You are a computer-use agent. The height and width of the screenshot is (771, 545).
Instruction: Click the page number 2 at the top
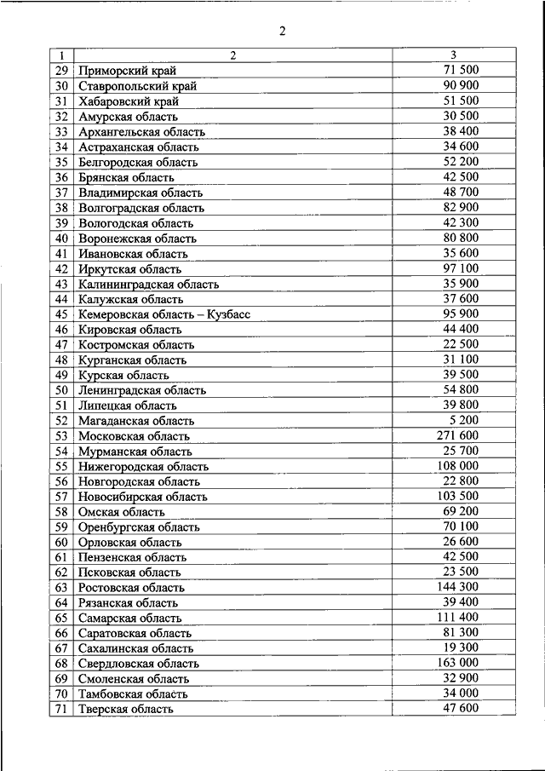[x=282, y=33]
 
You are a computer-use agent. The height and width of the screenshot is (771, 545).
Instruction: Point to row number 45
[x=61, y=314]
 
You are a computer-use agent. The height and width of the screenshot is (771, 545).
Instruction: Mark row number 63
[x=61, y=588]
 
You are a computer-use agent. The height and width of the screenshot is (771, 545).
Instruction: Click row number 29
[x=61, y=71]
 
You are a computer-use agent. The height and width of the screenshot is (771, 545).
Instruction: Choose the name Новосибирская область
[x=142, y=497]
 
